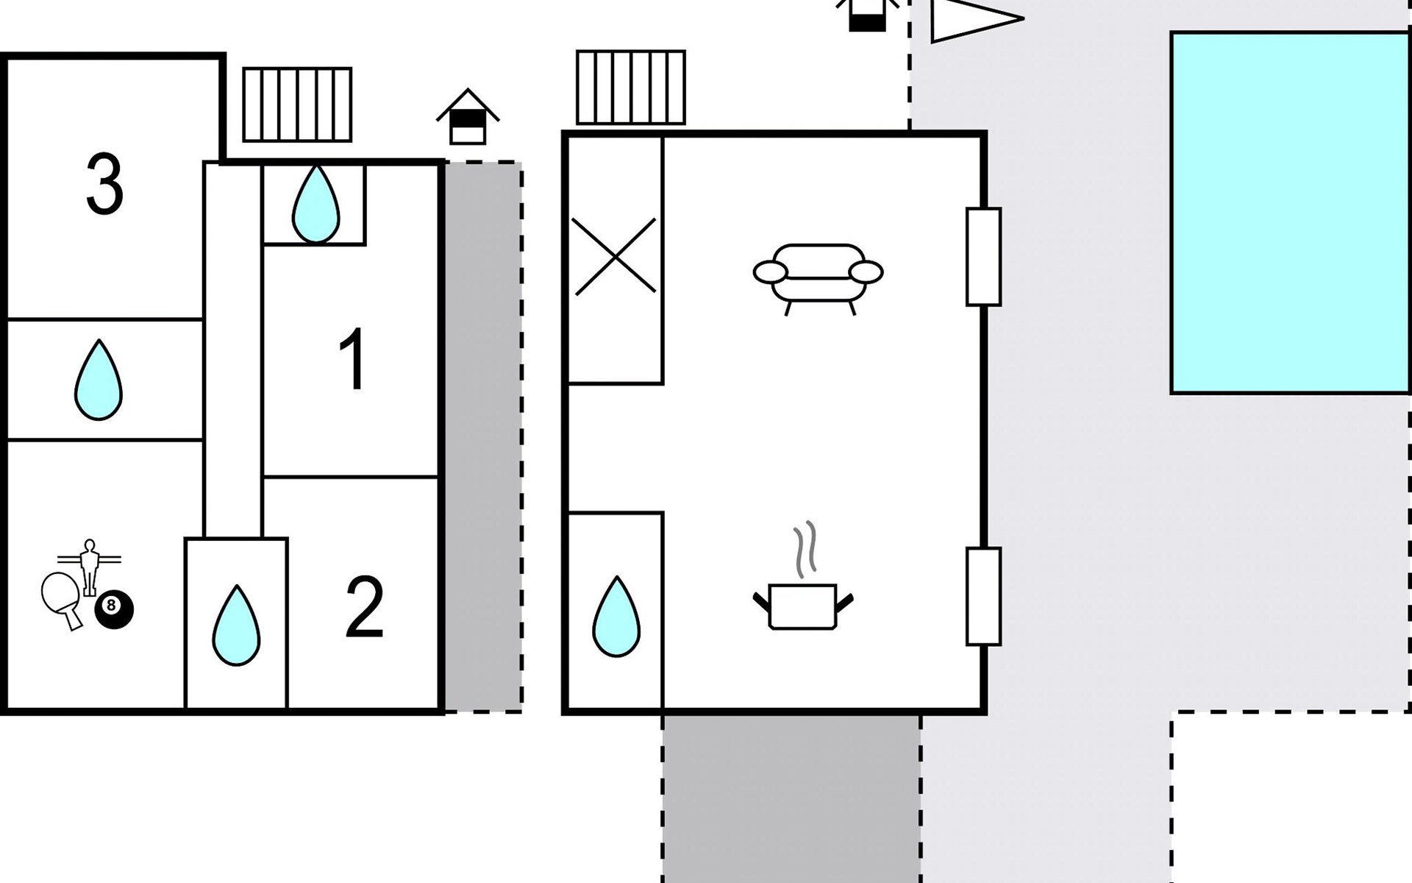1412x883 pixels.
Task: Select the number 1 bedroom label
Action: pos(352,360)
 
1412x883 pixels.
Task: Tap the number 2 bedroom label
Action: pos(364,608)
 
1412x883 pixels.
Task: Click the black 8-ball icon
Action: pos(114,609)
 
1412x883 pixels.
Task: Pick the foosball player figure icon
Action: pos(89,566)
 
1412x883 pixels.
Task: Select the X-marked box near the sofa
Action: pos(615,257)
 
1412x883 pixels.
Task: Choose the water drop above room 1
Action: pos(315,204)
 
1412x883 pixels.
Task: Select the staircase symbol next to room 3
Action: pos(297,104)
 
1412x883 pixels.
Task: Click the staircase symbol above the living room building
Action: pos(630,88)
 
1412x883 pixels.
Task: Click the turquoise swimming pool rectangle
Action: pos(1289,212)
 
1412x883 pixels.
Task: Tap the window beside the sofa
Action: pos(983,257)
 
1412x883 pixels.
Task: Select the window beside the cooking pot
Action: pos(983,596)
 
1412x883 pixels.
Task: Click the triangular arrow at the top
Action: pos(972,18)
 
